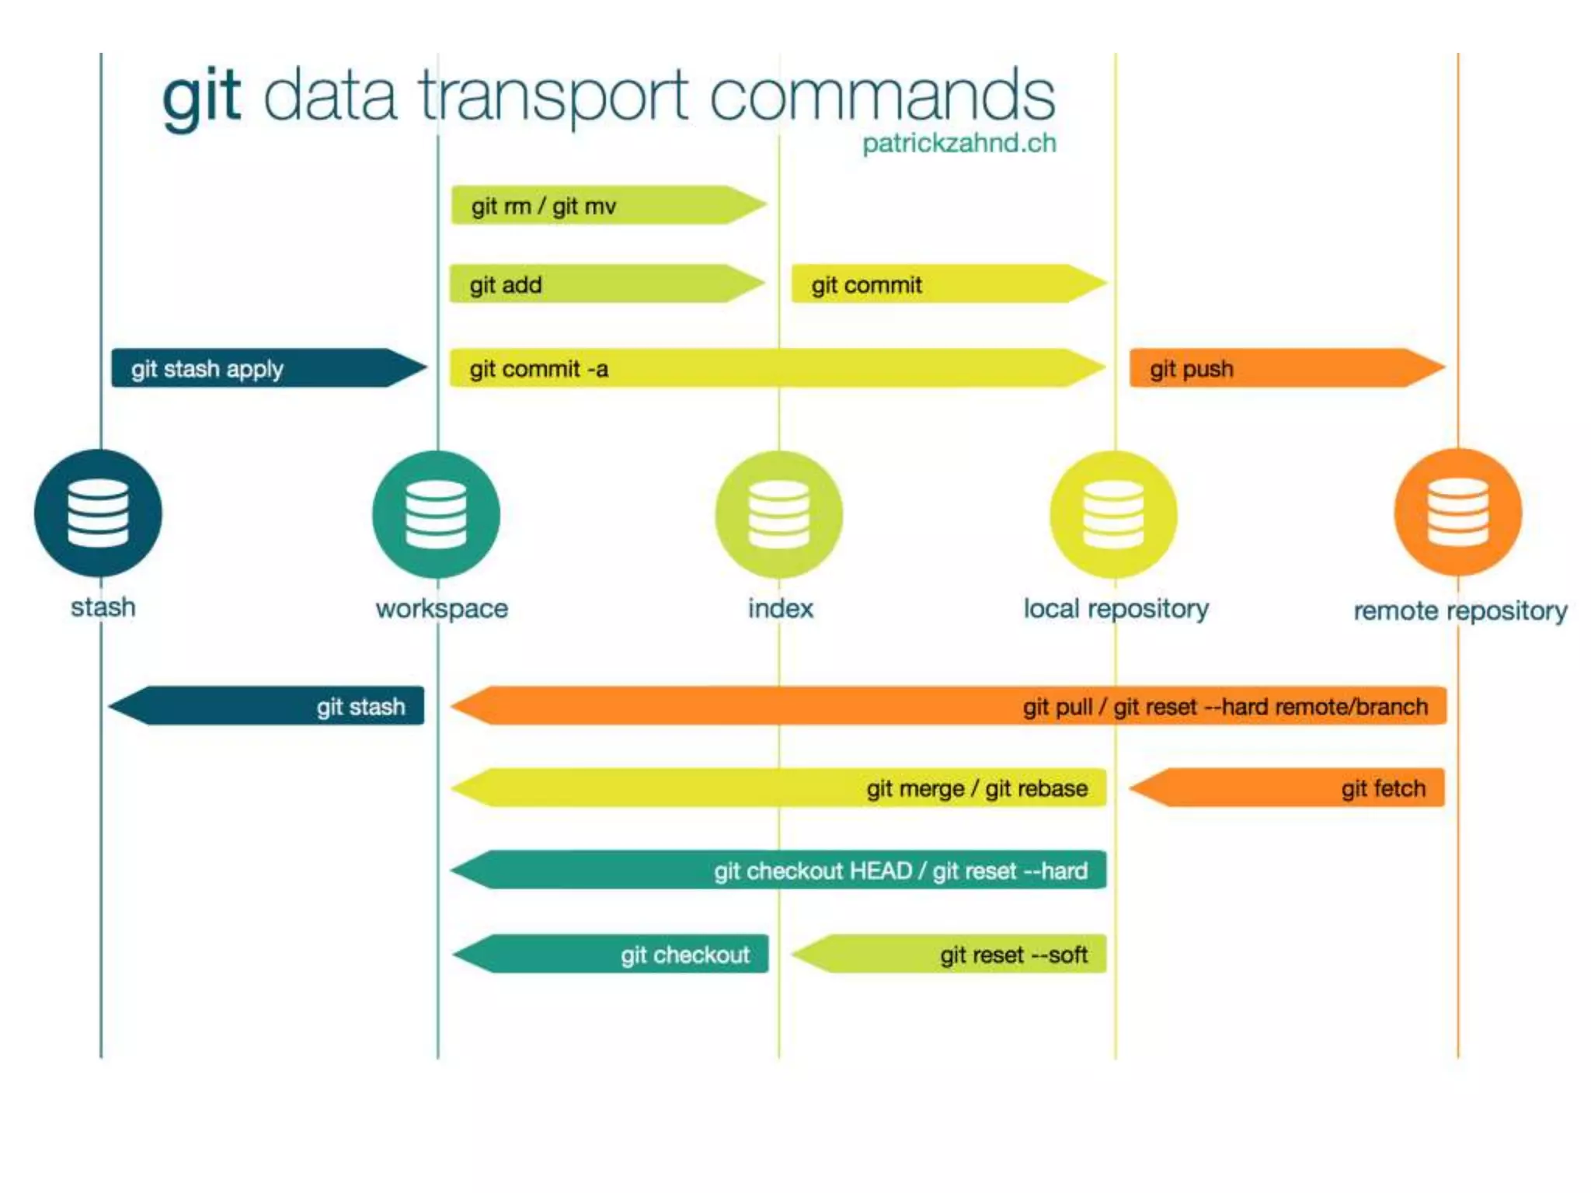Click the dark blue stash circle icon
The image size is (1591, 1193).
[98, 513]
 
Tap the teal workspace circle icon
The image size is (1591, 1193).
[436, 514]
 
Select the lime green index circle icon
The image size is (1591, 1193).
[778, 514]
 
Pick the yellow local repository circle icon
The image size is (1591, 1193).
[1113, 514]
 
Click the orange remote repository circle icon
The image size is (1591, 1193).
[1457, 513]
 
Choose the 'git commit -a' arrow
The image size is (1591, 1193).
[777, 368]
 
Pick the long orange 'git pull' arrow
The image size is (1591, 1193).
[948, 706]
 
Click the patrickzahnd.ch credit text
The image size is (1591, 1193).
[959, 144]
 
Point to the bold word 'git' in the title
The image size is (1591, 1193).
[201, 96]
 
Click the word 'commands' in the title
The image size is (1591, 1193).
[882, 96]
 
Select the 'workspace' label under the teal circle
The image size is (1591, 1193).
[441, 608]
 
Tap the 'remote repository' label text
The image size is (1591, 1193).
[1460, 610]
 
